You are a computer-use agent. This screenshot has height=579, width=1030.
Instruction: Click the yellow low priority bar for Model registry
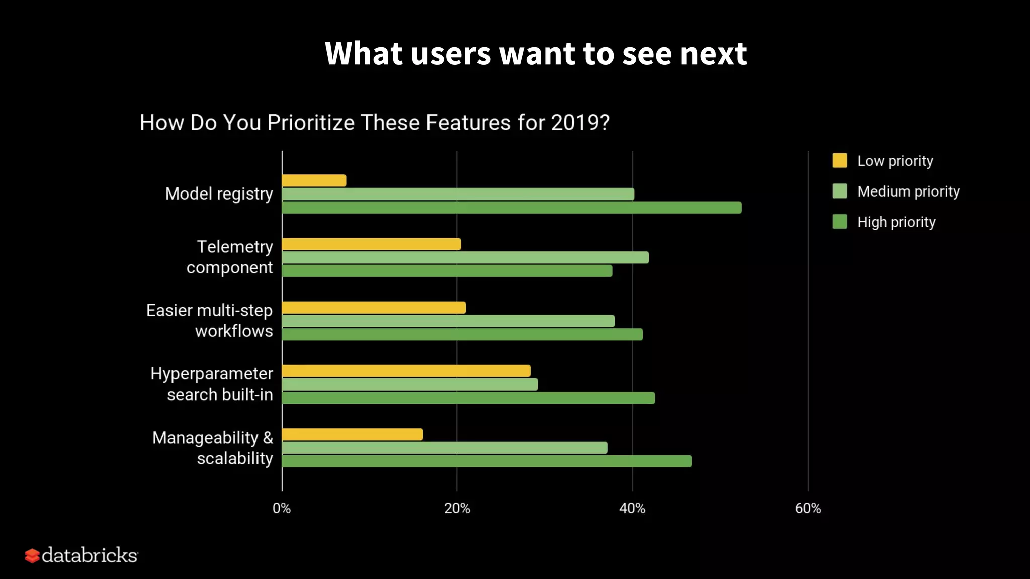tap(314, 181)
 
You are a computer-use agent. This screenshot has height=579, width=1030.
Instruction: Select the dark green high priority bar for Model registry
tap(511, 208)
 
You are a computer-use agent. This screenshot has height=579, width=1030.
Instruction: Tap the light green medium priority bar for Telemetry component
tap(465, 258)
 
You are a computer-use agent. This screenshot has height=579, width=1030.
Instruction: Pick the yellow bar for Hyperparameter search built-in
tap(406, 371)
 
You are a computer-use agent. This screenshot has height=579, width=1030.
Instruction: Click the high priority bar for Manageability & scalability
tap(486, 461)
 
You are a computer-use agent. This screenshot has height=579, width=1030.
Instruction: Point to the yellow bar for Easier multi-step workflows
tap(374, 308)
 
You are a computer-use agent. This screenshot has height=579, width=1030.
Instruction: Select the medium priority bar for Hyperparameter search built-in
tap(410, 384)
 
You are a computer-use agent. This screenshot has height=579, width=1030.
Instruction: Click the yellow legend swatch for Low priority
tap(840, 161)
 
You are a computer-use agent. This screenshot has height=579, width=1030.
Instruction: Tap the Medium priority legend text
tap(908, 191)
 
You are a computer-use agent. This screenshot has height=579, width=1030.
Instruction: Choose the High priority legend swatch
tap(840, 222)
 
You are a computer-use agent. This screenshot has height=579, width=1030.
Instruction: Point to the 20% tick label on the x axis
tap(457, 509)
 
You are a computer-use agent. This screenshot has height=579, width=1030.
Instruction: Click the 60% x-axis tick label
tap(808, 509)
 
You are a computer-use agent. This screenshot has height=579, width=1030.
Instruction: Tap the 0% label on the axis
tap(282, 509)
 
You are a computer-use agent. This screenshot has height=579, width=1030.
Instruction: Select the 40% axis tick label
tap(632, 509)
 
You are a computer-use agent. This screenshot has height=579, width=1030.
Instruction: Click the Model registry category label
tap(219, 194)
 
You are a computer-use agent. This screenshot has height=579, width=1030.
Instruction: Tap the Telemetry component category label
tap(230, 257)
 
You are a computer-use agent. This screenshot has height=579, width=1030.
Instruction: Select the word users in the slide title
tap(451, 54)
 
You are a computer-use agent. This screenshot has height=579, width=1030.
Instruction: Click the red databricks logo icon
tap(32, 556)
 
